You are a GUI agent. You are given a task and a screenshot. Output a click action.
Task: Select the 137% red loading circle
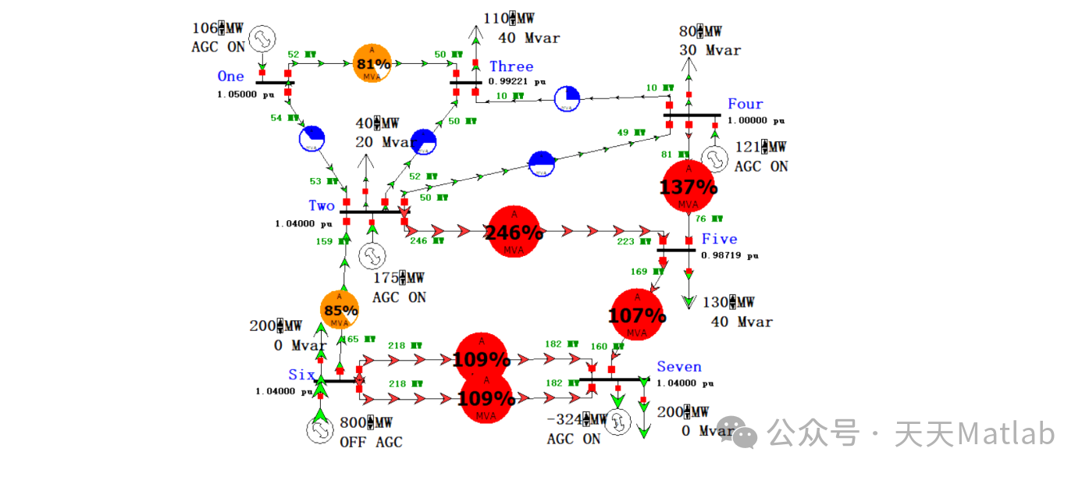(689, 186)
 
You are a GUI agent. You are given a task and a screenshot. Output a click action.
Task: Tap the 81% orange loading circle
(372, 63)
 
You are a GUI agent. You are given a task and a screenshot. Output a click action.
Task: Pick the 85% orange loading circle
(340, 309)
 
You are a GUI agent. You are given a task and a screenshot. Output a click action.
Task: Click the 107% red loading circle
(637, 315)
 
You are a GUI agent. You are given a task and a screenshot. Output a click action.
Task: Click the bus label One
(230, 77)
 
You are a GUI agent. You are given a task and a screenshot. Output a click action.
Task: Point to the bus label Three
(511, 67)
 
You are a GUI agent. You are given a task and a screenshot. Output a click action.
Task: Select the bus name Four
(746, 104)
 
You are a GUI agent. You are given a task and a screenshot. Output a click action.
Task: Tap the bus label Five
(719, 239)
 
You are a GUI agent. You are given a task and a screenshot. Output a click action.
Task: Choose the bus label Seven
(679, 367)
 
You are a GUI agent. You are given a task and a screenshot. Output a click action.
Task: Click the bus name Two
(322, 206)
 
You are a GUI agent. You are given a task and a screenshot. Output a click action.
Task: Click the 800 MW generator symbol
(319, 430)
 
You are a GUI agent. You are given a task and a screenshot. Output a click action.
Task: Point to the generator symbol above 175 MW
(372, 255)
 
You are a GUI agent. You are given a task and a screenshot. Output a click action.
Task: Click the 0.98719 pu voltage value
(729, 255)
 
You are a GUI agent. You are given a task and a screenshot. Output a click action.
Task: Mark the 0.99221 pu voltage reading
(517, 81)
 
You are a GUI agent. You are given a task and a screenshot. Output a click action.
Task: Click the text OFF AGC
(371, 443)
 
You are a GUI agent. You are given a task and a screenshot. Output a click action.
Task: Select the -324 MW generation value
(577, 420)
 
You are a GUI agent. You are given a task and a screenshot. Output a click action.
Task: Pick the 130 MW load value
(729, 303)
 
